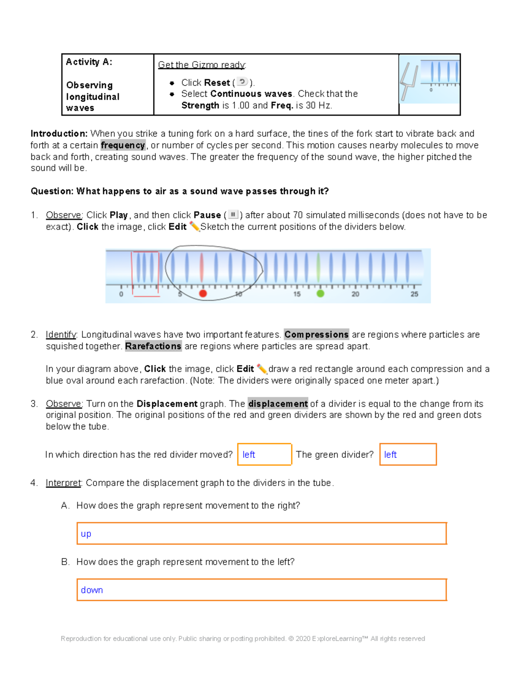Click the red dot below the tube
(203, 294)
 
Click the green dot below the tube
(320, 294)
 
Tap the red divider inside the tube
(201, 268)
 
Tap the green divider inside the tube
(319, 268)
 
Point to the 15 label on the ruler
(297, 294)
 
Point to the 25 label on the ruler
(415, 294)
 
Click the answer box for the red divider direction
(264, 454)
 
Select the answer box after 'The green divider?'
(408, 454)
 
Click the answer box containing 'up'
(261, 533)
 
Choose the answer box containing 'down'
(261, 590)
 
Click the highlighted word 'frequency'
(123, 145)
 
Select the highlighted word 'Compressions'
(316, 334)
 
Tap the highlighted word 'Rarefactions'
(153, 346)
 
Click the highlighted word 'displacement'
(278, 404)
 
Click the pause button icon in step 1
(233, 214)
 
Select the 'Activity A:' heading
(89, 62)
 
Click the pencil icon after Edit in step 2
(261, 369)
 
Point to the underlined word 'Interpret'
(63, 483)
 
